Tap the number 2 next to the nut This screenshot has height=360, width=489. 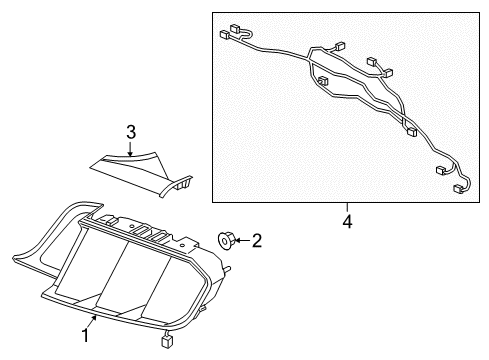(256, 240)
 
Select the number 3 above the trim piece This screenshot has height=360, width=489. (130, 131)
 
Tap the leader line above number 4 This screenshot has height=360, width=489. (347, 204)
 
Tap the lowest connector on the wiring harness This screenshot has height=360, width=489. (461, 187)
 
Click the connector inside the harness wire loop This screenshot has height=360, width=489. (322, 80)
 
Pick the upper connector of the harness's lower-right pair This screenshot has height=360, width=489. (442, 170)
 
